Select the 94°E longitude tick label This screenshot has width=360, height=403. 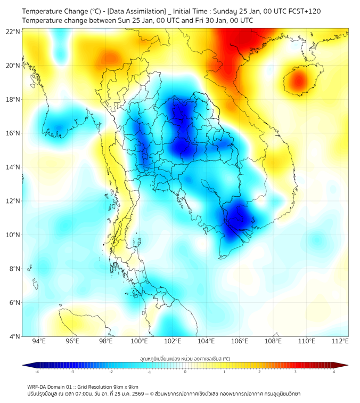click(39, 341)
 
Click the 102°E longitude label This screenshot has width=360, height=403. click(173, 341)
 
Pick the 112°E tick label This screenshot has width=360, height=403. click(340, 341)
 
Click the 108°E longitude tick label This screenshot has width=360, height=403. click(273, 341)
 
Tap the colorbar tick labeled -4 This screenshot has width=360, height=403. click(37, 372)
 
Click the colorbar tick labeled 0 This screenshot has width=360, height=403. click(185, 372)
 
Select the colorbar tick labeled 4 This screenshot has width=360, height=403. click(334, 372)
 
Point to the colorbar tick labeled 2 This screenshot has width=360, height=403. click(259, 372)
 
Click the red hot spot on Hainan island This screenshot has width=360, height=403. click(298, 82)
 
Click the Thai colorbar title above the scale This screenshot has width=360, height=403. click(185, 359)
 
